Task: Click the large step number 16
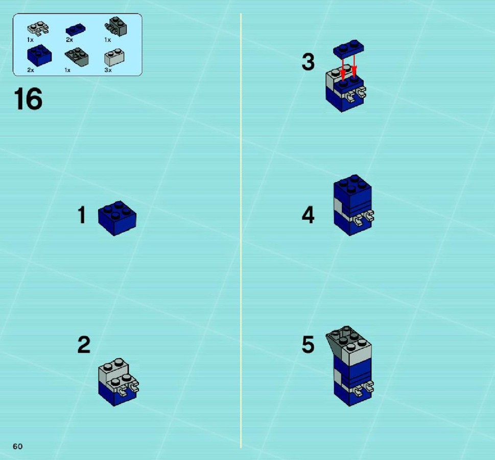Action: coord(28,99)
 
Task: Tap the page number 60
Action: coord(18,446)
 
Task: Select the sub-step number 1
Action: coord(82,215)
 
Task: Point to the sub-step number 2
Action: coord(84,344)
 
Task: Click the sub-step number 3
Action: coord(308,62)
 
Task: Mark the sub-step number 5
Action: coord(308,344)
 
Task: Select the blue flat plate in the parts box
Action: coord(76,30)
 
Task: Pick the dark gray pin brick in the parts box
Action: coord(115,26)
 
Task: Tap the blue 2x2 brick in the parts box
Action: coord(39,55)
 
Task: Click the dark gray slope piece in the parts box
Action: coord(77,57)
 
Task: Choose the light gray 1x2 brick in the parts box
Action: coord(114,57)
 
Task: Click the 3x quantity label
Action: coord(108,70)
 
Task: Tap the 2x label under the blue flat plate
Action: coord(69,40)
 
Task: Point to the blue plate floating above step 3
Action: coord(348,49)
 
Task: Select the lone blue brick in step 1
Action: coord(117,218)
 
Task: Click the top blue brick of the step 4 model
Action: coord(352,190)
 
